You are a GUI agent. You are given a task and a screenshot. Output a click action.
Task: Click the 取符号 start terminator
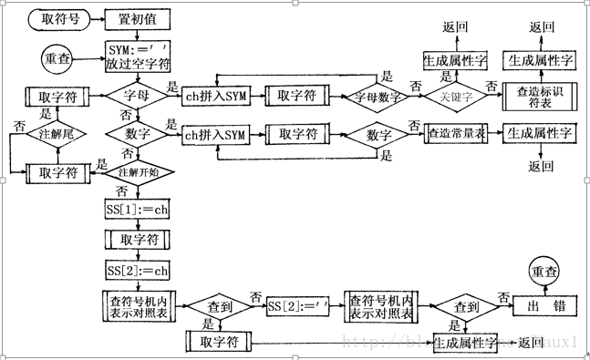coord(60,18)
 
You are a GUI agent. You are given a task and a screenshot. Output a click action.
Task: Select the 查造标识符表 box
coord(540,96)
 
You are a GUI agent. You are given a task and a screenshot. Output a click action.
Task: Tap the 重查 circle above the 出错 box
coord(545,271)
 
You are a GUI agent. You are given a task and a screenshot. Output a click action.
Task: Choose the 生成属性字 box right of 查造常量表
coord(540,133)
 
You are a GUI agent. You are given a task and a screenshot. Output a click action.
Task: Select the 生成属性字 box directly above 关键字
coord(455,60)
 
